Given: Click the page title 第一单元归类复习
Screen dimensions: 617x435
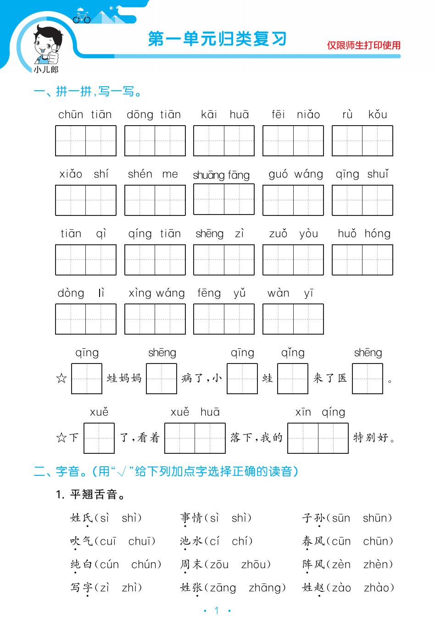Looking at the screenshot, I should click(x=217, y=39).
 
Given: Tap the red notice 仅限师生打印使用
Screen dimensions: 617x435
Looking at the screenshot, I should click(x=363, y=45).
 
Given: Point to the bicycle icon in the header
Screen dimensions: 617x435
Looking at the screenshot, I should click(x=82, y=17).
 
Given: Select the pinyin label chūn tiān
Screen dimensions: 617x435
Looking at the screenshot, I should click(x=85, y=115).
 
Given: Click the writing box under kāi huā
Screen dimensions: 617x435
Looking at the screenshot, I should click(x=224, y=141).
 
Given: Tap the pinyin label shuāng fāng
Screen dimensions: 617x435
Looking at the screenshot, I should click(x=221, y=175).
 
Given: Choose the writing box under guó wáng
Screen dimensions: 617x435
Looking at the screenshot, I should click(x=293, y=200).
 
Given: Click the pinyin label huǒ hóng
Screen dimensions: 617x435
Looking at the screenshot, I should click(x=364, y=234).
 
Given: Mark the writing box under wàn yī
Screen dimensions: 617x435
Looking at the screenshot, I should click(x=293, y=319).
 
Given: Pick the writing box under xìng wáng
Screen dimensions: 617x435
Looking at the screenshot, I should click(x=155, y=319).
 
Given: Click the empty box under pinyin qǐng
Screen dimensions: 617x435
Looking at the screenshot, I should click(x=293, y=379).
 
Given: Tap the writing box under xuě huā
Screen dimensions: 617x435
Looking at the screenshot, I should click(x=195, y=438).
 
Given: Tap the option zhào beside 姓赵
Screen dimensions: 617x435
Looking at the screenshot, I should click(x=379, y=588).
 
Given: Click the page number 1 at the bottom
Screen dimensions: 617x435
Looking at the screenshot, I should click(x=217, y=610).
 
